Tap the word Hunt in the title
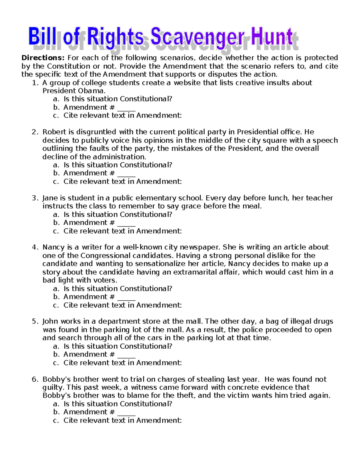pos(272,38)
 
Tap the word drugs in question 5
pos(323,321)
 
